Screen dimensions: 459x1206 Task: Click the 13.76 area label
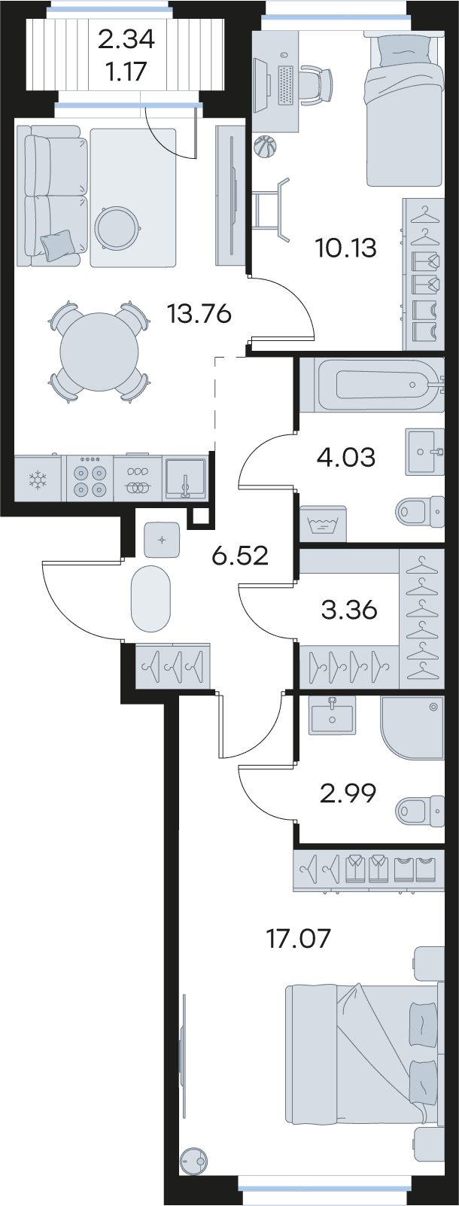point(199,313)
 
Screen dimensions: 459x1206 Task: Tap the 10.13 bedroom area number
point(346,248)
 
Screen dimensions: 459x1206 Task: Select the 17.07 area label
point(299,939)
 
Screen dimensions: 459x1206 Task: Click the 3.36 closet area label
point(349,610)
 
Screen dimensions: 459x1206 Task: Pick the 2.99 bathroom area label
point(348,793)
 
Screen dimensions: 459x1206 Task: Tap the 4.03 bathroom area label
point(347,458)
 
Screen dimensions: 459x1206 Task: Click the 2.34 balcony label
point(126,39)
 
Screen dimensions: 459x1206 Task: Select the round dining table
point(99,352)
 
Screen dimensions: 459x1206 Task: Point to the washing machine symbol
point(323,523)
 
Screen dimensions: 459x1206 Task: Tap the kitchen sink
point(186,477)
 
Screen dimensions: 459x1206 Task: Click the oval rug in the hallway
point(150,598)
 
